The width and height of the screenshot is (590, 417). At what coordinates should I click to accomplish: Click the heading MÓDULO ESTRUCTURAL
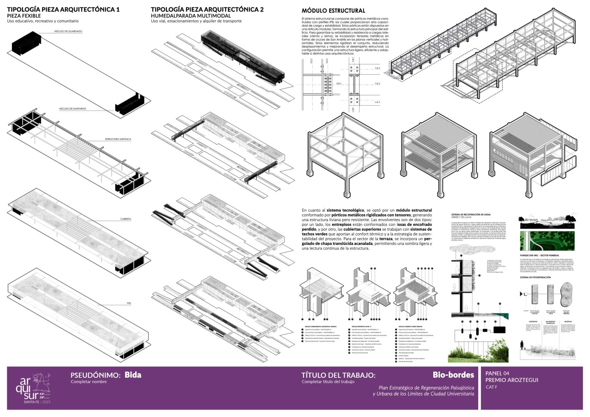[333, 11]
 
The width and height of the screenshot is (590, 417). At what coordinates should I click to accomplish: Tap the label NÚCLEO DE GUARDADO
[68, 31]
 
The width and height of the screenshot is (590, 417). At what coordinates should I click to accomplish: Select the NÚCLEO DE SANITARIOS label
[73, 109]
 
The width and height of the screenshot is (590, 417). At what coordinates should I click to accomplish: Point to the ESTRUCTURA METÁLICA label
[118, 139]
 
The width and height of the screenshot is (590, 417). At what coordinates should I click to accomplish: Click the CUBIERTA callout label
[126, 219]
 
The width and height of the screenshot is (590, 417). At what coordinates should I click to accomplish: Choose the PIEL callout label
[129, 303]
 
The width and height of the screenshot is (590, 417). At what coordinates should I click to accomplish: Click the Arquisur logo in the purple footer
[35, 388]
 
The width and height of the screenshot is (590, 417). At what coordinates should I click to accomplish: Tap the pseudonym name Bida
[133, 375]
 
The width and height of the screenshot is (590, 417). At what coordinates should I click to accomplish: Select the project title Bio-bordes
[453, 375]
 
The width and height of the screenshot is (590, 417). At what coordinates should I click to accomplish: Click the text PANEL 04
[497, 373]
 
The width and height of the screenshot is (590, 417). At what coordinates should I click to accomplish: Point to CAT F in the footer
[491, 387]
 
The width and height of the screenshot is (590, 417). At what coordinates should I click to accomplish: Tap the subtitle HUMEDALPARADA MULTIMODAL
[191, 16]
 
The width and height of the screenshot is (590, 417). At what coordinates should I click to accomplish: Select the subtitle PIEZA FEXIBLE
[24, 16]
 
